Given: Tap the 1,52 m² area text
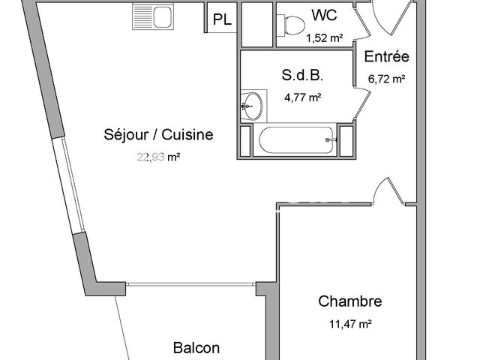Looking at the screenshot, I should (325, 35).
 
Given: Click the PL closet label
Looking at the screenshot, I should (222, 20).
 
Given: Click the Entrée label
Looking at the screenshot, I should (386, 57).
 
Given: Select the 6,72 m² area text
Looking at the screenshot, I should (386, 77).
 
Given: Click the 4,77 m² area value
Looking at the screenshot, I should (304, 96).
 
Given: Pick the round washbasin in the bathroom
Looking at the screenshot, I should (253, 103).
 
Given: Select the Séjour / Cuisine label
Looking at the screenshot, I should (159, 135).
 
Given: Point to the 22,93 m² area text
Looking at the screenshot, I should (159, 157).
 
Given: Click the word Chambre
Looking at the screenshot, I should (350, 301).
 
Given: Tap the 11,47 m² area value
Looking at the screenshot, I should (350, 324).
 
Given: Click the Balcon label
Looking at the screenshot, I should (196, 348).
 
